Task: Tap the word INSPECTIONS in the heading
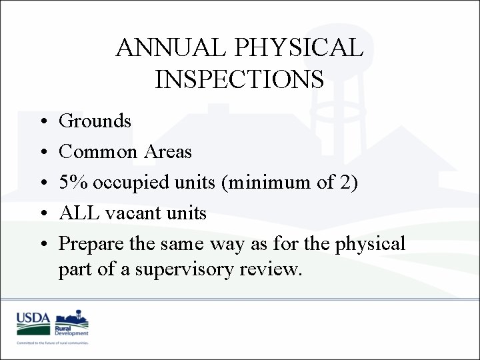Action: click(x=239, y=79)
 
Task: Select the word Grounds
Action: click(x=95, y=121)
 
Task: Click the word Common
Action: click(x=97, y=152)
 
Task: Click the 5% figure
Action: click(x=73, y=183)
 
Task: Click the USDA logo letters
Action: click(x=33, y=319)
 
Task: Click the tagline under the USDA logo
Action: click(x=53, y=342)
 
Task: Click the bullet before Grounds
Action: click(x=42, y=122)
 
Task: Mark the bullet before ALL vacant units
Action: click(x=42, y=214)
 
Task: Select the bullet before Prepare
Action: click(x=42, y=245)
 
